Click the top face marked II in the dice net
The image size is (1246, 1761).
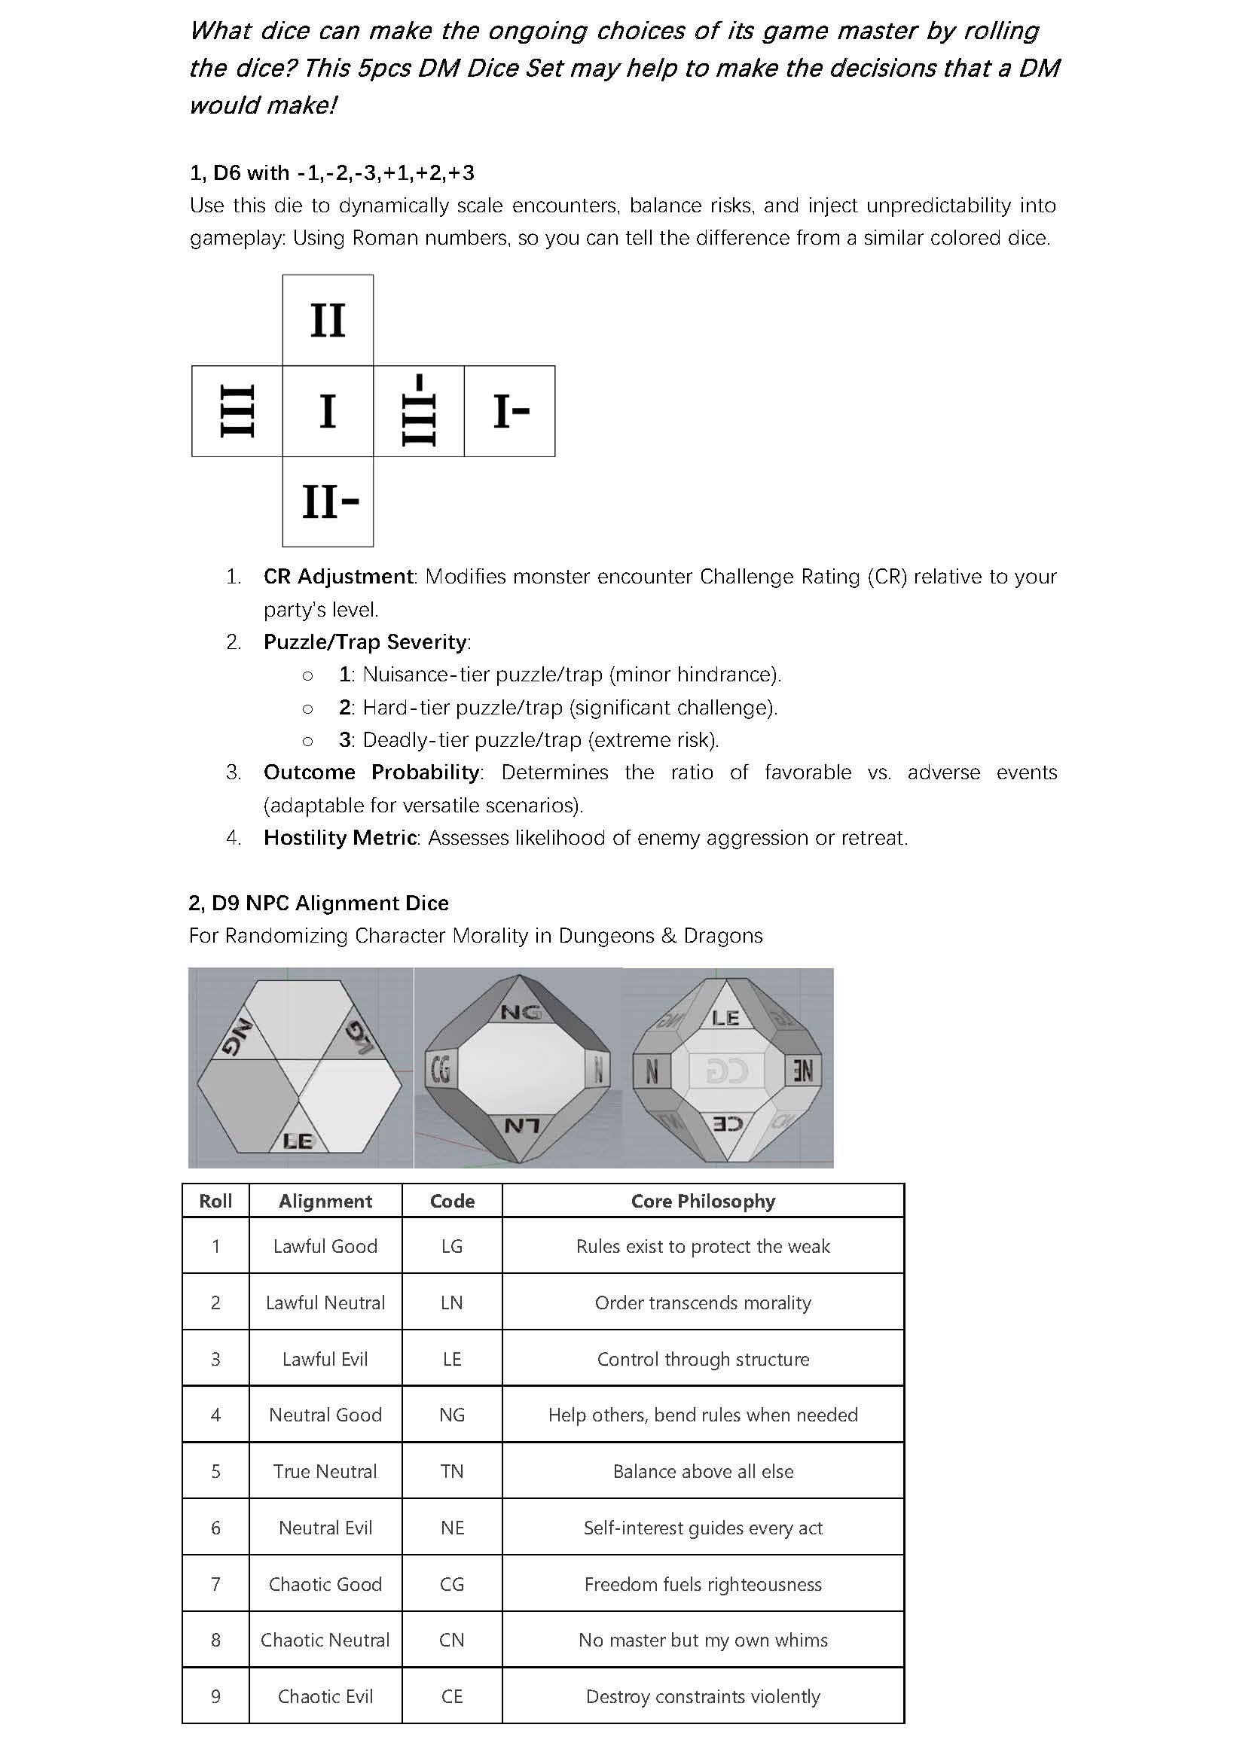tap(328, 320)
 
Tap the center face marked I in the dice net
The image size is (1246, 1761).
tap(328, 411)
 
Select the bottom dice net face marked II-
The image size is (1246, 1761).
tap(328, 501)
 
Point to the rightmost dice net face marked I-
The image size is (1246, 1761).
tap(510, 411)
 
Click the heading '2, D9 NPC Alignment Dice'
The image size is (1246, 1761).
tap(319, 903)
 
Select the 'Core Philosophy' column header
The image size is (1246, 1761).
tap(703, 1201)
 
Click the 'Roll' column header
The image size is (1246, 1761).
tap(215, 1201)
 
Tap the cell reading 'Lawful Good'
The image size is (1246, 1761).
tap(325, 1246)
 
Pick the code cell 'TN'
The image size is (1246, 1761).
tap(452, 1471)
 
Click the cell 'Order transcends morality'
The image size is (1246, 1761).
tap(703, 1302)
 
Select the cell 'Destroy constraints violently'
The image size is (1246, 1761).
tap(703, 1696)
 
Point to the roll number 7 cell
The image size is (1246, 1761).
tap(215, 1584)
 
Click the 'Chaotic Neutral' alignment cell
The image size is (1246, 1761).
tap(325, 1640)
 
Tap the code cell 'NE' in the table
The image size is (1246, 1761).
tap(452, 1528)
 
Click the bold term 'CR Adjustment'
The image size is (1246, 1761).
tap(338, 576)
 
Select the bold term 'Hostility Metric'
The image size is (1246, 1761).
tap(340, 837)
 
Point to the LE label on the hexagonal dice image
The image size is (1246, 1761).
tap(298, 1141)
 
